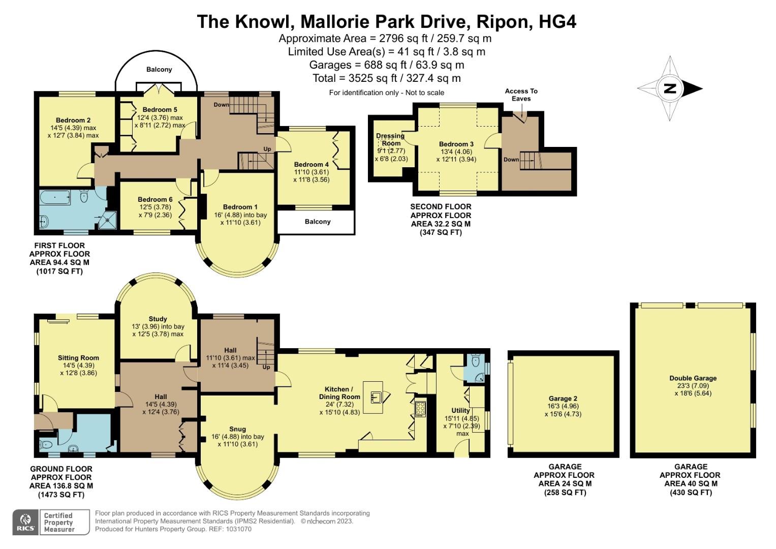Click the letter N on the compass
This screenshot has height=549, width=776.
[670, 88]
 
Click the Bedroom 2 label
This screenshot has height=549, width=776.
[73, 120]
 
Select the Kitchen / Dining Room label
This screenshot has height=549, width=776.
[339, 392]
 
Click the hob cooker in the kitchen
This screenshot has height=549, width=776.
[420, 409]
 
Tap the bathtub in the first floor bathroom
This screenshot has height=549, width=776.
[55, 198]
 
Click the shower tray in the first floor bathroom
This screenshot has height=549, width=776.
[107, 220]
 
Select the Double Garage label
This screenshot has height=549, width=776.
[693, 378]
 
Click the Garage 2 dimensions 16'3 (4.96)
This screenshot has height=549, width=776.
[563, 406]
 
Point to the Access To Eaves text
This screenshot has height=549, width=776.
[521, 95]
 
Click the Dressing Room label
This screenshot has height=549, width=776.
[390, 139]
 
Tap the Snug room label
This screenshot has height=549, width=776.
[237, 429]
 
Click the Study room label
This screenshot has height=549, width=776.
[158, 319]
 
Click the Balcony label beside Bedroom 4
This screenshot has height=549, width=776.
[317, 222]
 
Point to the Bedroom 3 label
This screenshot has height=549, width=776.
[456, 144]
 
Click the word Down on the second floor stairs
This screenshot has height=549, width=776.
[511, 160]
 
